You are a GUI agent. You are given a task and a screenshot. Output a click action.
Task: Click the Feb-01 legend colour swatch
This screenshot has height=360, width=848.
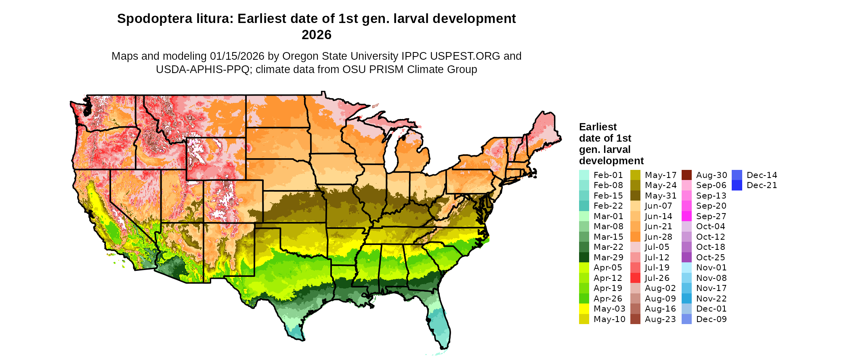coord(584,175)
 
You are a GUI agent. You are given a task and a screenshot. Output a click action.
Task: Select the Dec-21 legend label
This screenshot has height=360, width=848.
coord(762,185)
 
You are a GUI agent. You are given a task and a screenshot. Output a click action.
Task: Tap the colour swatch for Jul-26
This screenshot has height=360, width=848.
coord(635,278)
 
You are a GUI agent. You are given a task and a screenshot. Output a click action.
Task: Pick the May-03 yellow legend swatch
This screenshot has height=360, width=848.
coord(584,309)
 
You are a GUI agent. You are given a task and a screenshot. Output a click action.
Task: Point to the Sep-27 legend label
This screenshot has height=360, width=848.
coord(711,216)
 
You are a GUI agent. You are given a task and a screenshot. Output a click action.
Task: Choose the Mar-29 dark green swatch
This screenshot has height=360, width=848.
coord(584,257)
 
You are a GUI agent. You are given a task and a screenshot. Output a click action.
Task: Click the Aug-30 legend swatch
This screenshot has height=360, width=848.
coord(686,175)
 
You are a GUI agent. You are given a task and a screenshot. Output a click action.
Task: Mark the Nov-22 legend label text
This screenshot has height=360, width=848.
coord(711,299)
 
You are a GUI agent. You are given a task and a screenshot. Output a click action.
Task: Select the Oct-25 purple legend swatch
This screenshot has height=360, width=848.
coord(686,257)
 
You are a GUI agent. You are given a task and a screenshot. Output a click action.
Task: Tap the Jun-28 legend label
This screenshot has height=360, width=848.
coord(658,237)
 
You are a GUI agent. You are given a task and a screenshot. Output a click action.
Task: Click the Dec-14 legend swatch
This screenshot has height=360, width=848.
coord(737,175)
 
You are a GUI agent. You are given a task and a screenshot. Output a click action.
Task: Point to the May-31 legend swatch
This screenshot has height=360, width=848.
coord(635,196)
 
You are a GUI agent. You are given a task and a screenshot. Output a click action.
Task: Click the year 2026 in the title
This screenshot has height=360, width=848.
coord(316,35)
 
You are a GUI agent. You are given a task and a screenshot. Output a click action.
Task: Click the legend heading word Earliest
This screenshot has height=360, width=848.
coord(598,127)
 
